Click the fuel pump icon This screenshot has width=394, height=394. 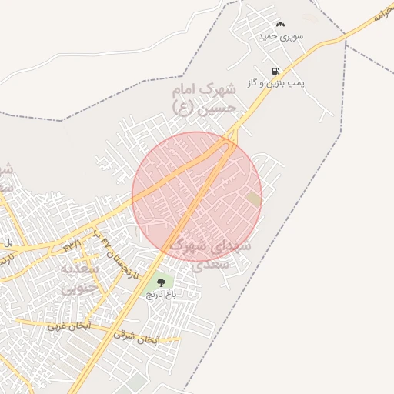(x=275, y=72)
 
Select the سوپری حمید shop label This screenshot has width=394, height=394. (x=281, y=36)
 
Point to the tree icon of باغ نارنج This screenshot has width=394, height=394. (x=161, y=283)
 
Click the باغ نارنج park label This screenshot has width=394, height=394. (x=162, y=295)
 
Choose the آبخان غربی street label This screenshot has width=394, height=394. (x=68, y=326)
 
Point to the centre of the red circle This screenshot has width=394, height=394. (x=197, y=194)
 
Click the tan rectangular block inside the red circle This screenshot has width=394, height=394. (x=253, y=199)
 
